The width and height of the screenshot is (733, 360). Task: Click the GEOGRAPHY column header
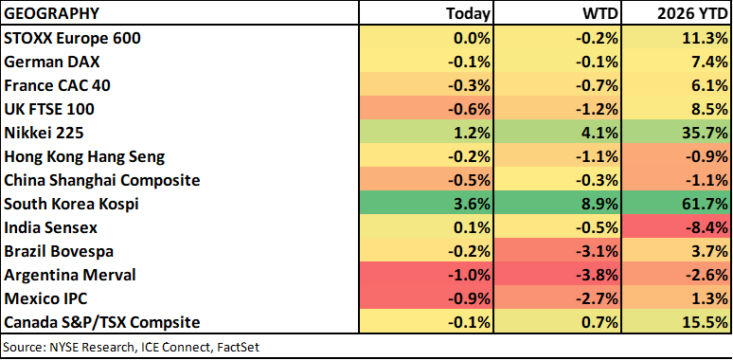pyautogui.click(x=51, y=13)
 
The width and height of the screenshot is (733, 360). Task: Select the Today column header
pyautogui.click(x=468, y=14)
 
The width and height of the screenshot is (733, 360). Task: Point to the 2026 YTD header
pyautogui.click(x=690, y=14)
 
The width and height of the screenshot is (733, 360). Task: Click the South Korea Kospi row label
pyautogui.click(x=71, y=205)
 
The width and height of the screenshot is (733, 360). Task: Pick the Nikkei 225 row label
pyautogui.click(x=44, y=134)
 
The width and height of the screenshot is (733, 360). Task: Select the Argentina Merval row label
pyautogui.click(x=70, y=275)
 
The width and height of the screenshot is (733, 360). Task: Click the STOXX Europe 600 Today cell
pyautogui.click(x=472, y=38)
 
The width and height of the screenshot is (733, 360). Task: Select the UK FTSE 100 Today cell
pyautogui.click(x=469, y=109)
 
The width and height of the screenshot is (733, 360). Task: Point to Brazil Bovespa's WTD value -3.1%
pyautogui.click(x=599, y=252)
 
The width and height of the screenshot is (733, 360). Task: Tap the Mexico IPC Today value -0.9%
pyautogui.click(x=469, y=298)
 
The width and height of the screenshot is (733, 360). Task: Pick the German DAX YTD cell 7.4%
pyautogui.click(x=709, y=63)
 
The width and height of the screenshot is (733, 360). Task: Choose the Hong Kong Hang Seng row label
pyautogui.click(x=84, y=157)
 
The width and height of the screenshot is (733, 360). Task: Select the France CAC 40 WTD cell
pyautogui.click(x=599, y=85)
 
